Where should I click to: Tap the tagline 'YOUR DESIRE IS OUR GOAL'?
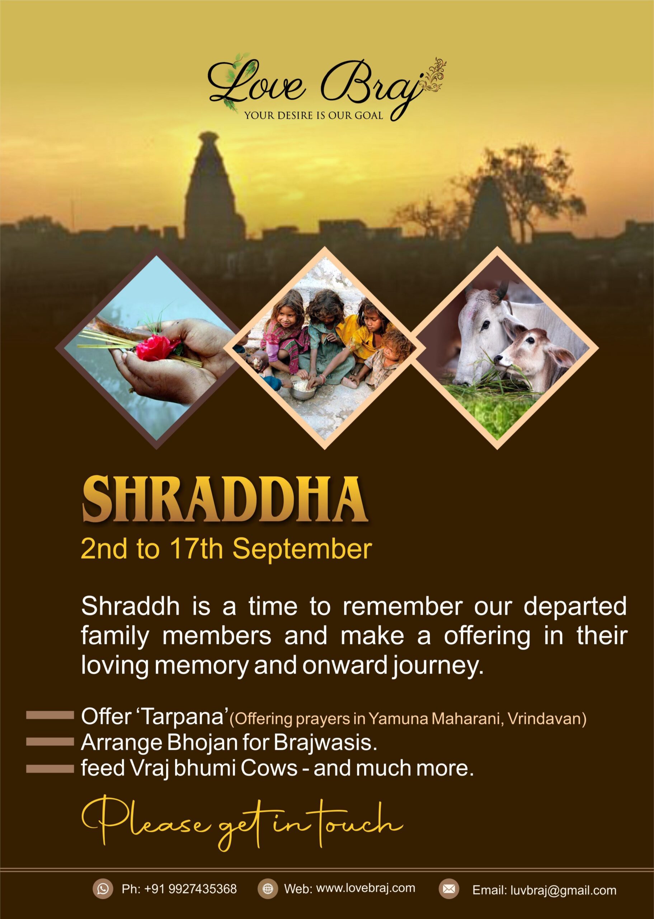click(314, 116)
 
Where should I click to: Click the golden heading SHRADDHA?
click(225, 500)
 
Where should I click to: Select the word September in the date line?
click(302, 550)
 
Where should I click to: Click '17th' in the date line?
click(196, 549)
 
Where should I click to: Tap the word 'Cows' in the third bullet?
click(269, 768)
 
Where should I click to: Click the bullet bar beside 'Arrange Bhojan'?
click(50, 742)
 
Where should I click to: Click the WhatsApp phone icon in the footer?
click(103, 889)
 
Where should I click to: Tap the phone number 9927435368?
click(203, 889)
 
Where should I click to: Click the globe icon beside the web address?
click(268, 889)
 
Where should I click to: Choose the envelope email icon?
click(449, 889)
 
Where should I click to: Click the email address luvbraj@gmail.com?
click(563, 890)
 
